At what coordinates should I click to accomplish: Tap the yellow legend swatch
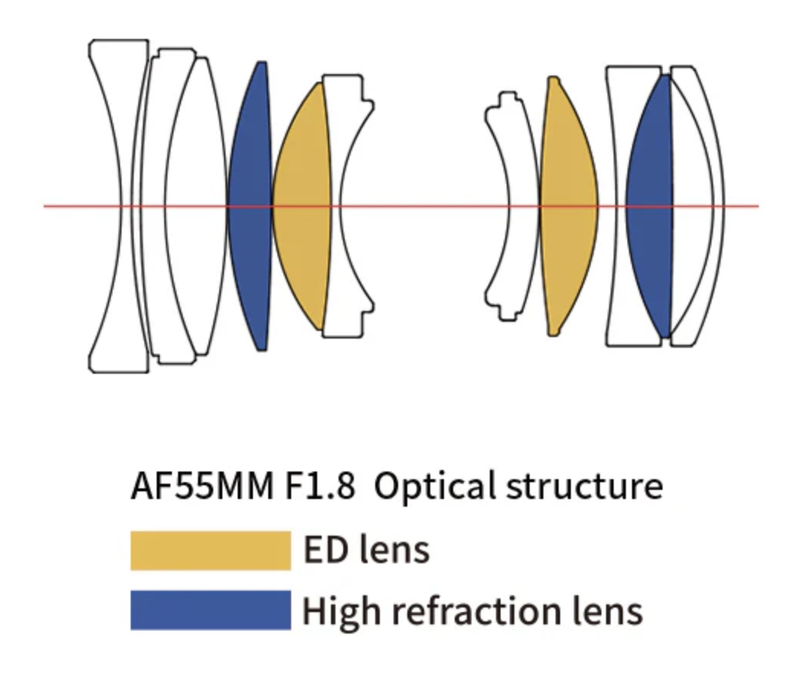(210, 550)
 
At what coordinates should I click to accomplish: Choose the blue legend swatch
(210, 610)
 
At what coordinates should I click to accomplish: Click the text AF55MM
(202, 487)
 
